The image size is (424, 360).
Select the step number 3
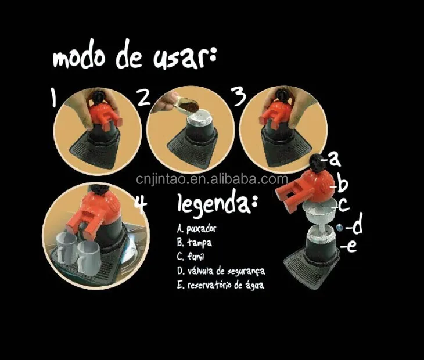point(239,98)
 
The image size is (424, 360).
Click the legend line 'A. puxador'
point(201,228)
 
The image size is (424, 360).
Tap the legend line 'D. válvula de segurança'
point(221,271)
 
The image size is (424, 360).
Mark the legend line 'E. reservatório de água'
point(221,285)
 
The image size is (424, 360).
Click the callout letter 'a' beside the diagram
point(333,157)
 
